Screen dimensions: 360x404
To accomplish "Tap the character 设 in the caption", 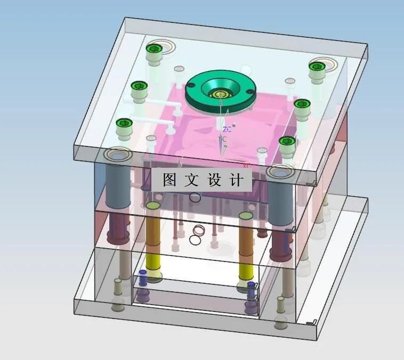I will coord(214,179).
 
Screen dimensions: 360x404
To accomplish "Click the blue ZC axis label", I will coord(227,129).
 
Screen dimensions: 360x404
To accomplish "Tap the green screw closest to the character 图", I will coord(124,123).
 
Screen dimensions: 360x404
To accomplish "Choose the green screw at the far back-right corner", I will coord(317,67).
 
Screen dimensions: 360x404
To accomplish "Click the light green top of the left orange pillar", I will coord(153,206).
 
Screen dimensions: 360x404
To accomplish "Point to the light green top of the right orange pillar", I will coord(246,216).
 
